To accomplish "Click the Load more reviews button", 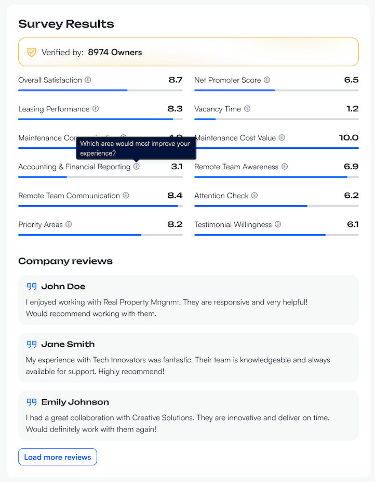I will [x=58, y=457].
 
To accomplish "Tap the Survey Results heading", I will [x=66, y=24].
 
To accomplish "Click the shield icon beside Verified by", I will [x=32, y=52].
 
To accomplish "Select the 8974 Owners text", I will [x=115, y=52].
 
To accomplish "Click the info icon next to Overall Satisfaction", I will [x=88, y=80].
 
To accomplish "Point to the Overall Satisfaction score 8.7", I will [x=175, y=80].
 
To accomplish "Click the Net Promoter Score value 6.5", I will [x=351, y=80].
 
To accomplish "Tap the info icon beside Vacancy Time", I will [x=247, y=109].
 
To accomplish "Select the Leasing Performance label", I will [x=54, y=109].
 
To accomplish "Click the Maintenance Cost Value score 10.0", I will [x=349, y=138].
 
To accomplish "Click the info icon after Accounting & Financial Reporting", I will [x=137, y=167].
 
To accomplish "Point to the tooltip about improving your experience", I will [x=136, y=148].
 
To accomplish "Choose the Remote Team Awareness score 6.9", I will [x=351, y=167].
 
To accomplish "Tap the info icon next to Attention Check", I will [x=255, y=196].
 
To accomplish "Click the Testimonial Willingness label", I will [x=233, y=225].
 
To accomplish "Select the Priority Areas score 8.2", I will [x=175, y=225].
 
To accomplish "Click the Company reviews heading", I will [x=65, y=261].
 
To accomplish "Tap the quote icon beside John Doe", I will [x=32, y=286].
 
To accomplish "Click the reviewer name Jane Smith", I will [x=68, y=344].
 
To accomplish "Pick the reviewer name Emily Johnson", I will [x=75, y=402].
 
